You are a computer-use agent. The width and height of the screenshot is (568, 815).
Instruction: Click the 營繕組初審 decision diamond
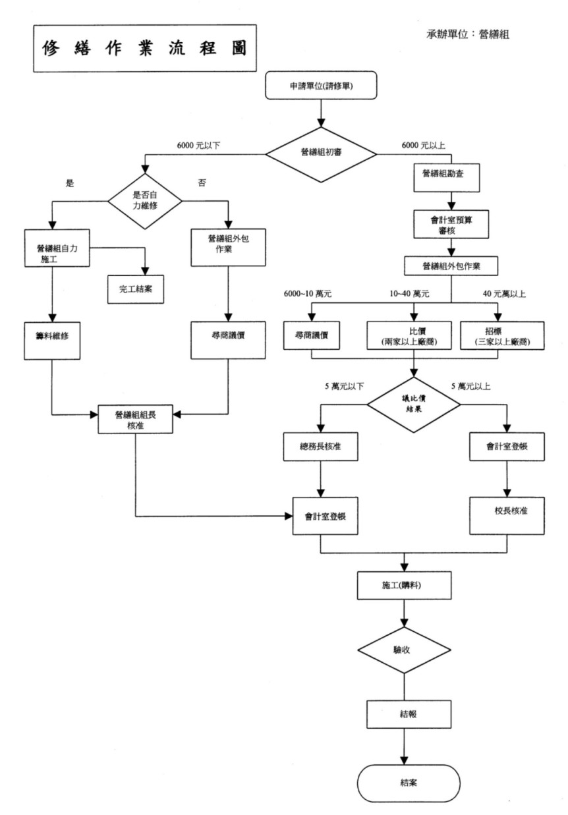[322, 152]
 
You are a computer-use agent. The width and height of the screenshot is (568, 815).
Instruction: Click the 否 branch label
[202, 184]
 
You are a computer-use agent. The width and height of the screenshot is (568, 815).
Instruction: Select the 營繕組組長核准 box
[134, 419]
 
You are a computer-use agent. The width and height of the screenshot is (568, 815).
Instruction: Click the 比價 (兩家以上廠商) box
[406, 337]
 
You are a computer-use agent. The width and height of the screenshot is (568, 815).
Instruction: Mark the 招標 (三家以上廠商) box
[502, 337]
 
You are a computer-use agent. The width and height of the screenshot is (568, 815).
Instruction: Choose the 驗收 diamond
[403, 650]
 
